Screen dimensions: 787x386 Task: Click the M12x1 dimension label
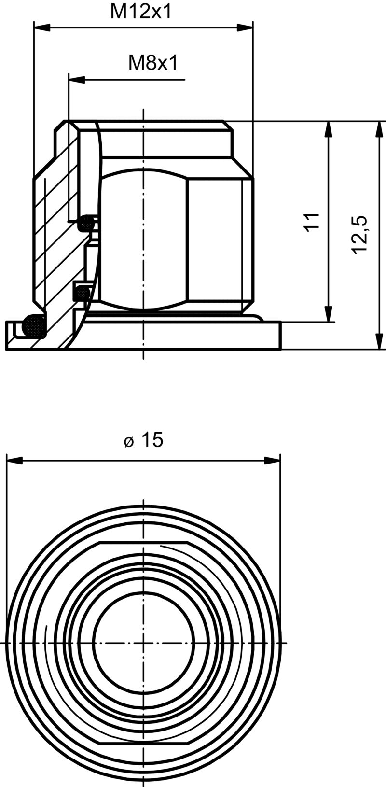pos(141,12)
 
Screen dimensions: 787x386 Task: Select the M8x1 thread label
pos(152,63)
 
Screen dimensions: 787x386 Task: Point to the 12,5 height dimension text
pos(359,234)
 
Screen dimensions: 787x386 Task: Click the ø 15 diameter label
pos(143,440)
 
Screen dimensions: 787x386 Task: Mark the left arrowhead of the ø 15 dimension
pos(14,460)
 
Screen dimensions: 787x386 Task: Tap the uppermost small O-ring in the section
pos(86,223)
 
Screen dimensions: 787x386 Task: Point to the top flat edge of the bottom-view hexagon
pos(143,542)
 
